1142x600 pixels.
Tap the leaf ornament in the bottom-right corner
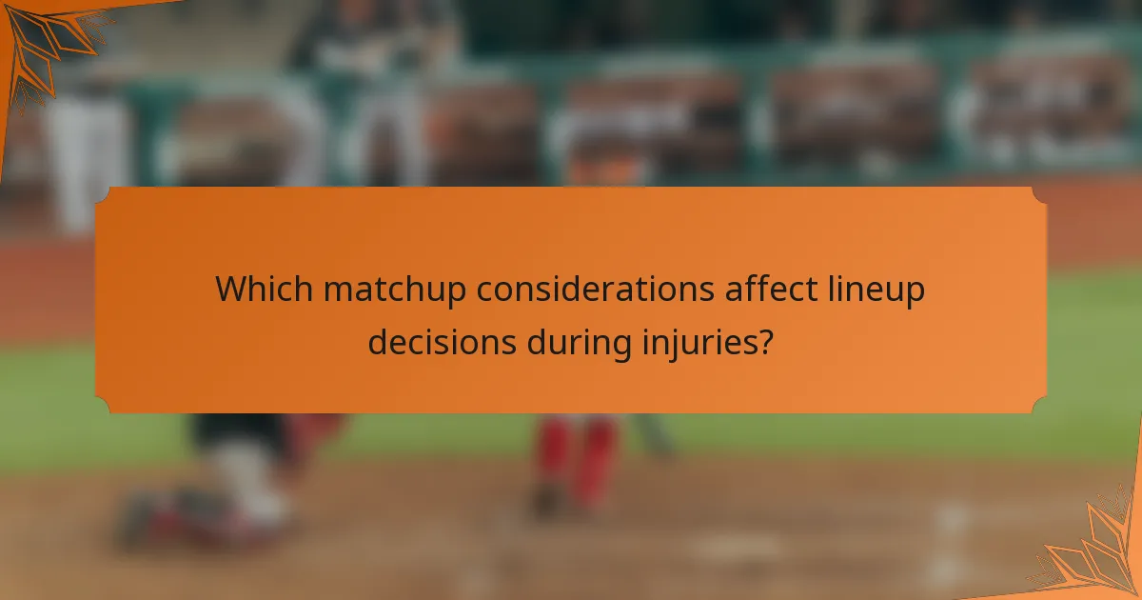click(1094, 552)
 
